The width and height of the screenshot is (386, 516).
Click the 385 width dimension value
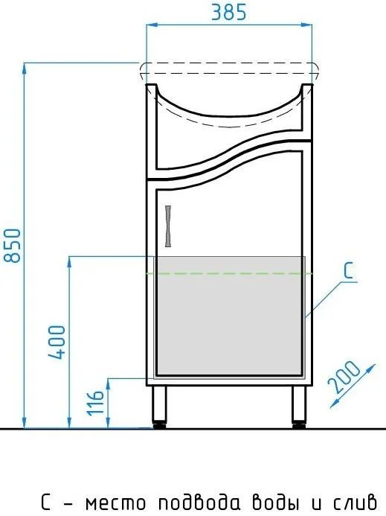tap(228, 13)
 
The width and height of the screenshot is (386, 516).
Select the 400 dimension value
tap(57, 343)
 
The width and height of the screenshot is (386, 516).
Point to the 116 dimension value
tap(95, 403)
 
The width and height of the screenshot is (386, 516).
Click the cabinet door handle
tap(168, 226)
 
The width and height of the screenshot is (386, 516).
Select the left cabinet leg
tap(159, 407)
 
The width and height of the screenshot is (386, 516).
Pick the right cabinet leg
tap(299, 407)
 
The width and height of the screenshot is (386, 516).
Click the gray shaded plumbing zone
tap(230, 316)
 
